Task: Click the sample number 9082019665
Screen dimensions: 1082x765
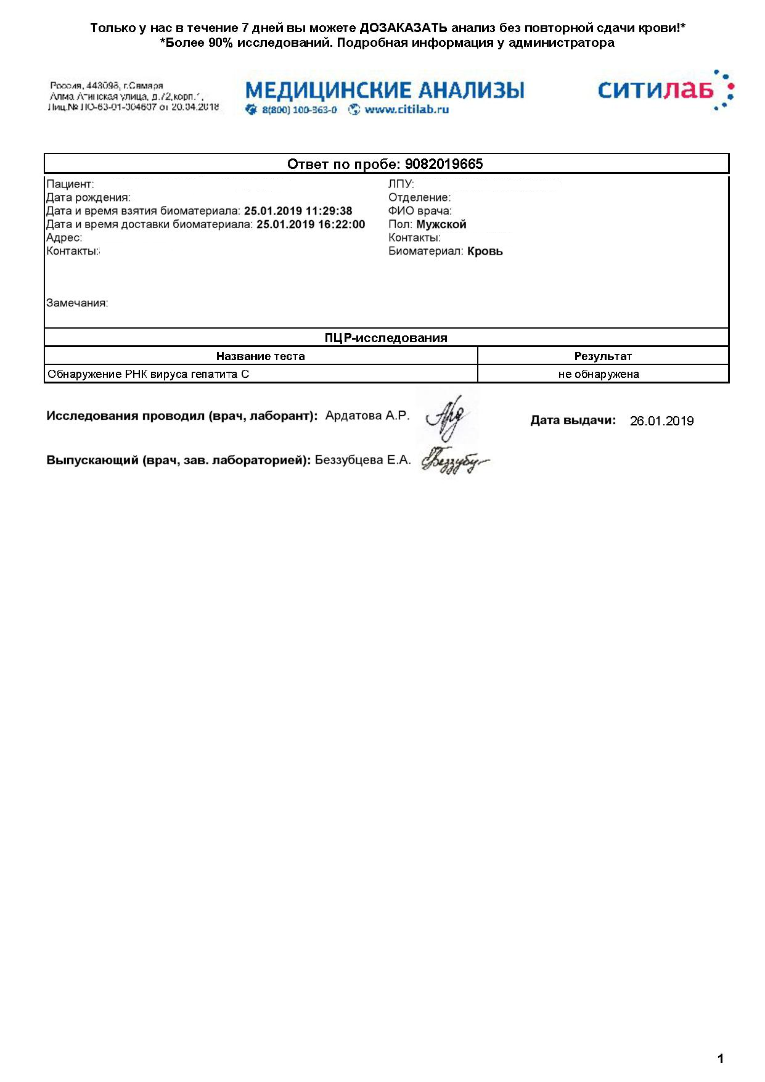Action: tap(444, 164)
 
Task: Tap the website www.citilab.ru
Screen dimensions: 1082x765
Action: tap(406, 110)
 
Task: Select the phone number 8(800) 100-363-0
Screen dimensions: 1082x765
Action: tap(299, 110)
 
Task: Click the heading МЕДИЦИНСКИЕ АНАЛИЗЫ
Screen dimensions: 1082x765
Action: tap(385, 90)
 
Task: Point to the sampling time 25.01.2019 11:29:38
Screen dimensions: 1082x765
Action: tap(298, 211)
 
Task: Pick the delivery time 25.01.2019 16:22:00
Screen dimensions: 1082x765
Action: tap(311, 224)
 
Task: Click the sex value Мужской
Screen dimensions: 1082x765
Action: tap(441, 224)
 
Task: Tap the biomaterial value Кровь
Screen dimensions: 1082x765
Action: tap(485, 251)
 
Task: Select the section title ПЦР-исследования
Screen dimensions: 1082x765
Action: tap(386, 338)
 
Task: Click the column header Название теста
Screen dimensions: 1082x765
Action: tap(260, 356)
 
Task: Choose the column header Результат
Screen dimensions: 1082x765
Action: tap(603, 356)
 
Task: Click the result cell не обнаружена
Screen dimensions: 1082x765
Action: tap(599, 374)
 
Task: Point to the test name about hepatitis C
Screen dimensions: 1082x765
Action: tap(149, 374)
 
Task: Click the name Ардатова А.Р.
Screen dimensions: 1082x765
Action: tap(367, 416)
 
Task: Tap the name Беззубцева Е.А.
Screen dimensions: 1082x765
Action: tap(362, 460)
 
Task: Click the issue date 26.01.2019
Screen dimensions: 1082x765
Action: tap(661, 421)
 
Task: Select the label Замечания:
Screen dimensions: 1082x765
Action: tap(77, 303)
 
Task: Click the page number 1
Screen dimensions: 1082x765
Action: tap(721, 1059)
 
